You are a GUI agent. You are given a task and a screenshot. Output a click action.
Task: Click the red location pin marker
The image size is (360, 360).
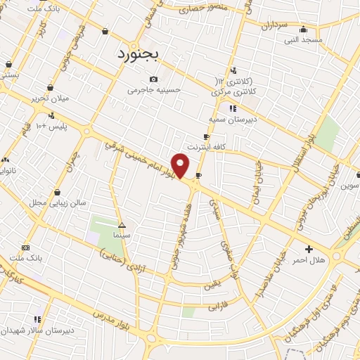[181, 166]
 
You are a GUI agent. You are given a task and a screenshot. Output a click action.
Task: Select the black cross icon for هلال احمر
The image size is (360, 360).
[309, 249]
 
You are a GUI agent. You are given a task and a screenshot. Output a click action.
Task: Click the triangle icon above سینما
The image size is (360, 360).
[122, 226]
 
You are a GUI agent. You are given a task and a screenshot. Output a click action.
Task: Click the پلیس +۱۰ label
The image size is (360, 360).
[51, 126]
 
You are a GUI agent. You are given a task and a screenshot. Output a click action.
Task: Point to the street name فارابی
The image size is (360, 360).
[218, 307]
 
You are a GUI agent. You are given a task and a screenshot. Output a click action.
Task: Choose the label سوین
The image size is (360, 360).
[350, 186]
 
